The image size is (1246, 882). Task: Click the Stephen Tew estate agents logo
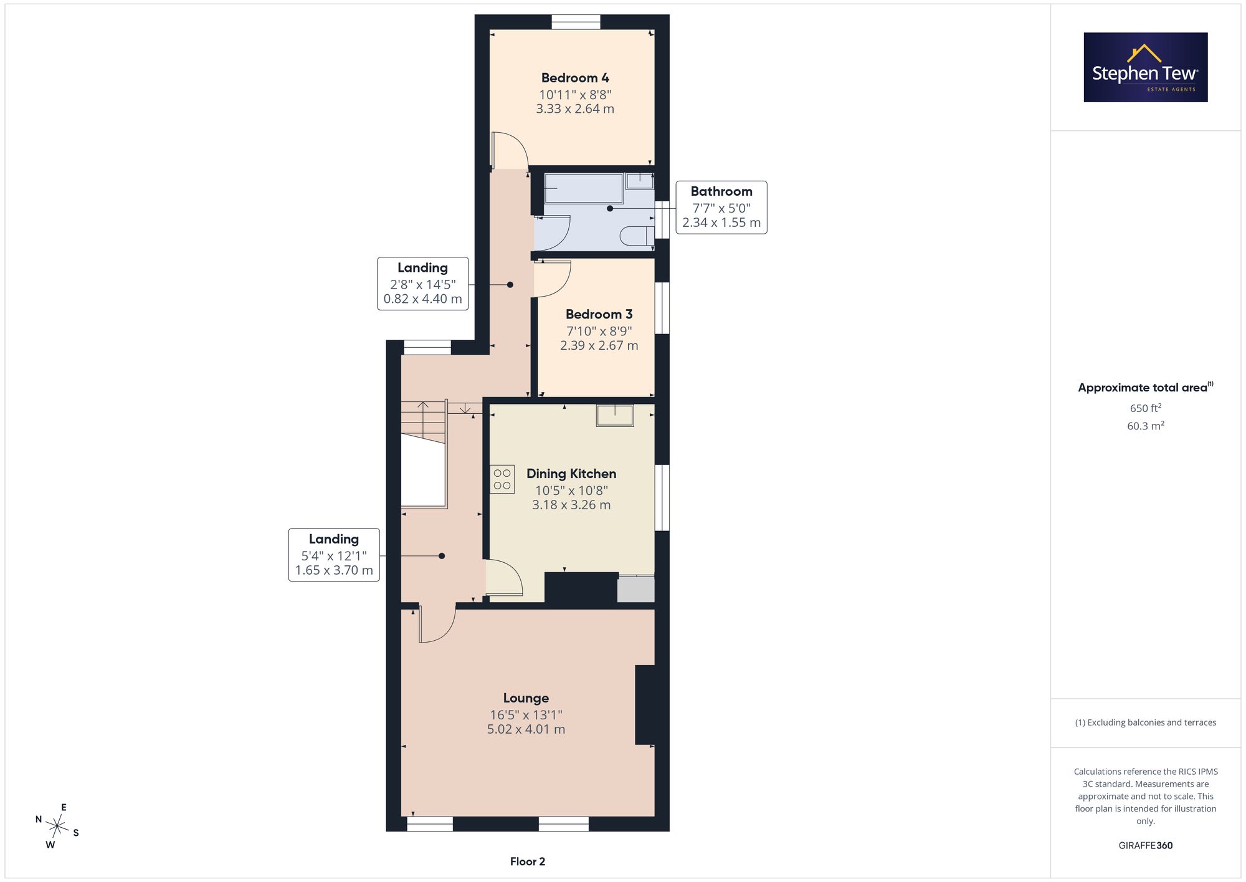click(1146, 67)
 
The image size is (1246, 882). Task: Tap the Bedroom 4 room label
click(575, 78)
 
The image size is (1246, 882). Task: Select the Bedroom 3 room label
click(599, 314)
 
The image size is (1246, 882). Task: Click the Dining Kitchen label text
click(571, 474)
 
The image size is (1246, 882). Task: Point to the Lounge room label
click(526, 698)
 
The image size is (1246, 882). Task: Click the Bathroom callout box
click(721, 208)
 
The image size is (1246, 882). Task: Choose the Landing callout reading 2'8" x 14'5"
click(423, 284)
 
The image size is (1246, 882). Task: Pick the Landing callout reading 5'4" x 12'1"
click(334, 555)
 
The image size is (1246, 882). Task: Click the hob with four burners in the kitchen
click(502, 479)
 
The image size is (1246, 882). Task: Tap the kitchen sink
click(615, 415)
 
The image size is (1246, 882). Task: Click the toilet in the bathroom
click(637, 236)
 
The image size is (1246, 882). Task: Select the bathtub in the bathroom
click(584, 188)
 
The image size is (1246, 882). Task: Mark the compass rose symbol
click(57, 827)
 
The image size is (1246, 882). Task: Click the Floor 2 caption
click(528, 861)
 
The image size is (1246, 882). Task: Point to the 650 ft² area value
click(1146, 408)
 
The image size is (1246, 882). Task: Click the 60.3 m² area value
click(1146, 426)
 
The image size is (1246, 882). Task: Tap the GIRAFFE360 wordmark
click(1146, 845)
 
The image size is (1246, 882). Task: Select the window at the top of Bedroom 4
click(576, 22)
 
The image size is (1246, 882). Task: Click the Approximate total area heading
click(1146, 387)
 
